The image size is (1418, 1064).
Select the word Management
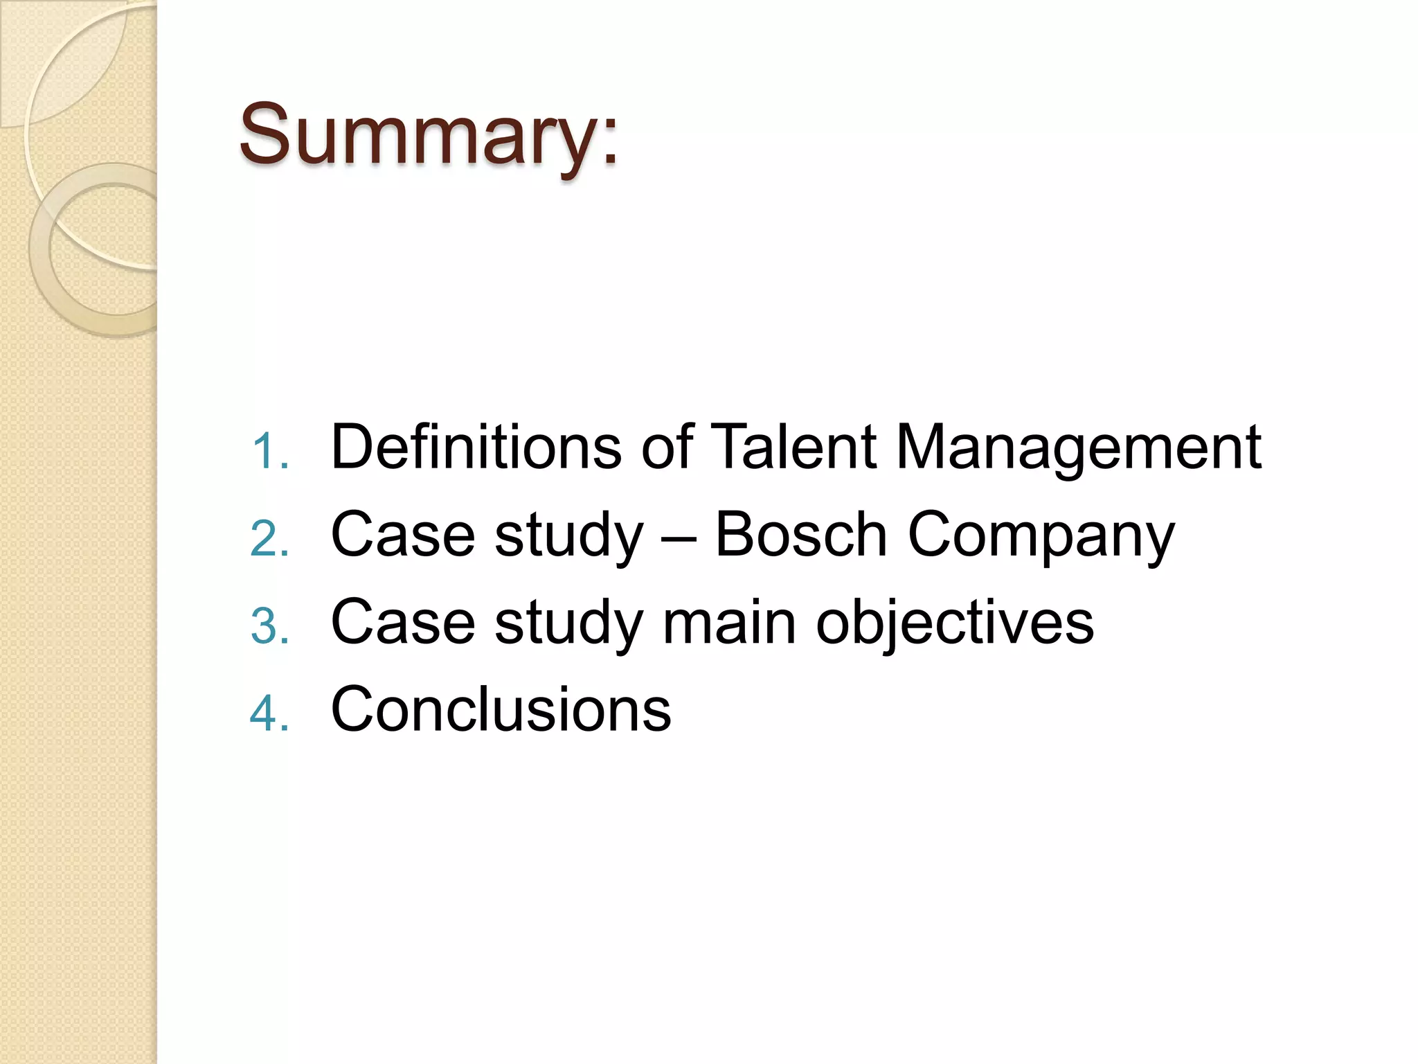tap(1078, 449)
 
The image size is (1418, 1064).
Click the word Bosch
tap(800, 534)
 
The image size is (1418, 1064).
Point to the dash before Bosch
tap(679, 537)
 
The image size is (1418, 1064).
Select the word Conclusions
tap(501, 709)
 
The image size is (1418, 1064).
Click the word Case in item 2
tap(403, 534)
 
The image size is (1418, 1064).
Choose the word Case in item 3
tap(403, 622)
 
